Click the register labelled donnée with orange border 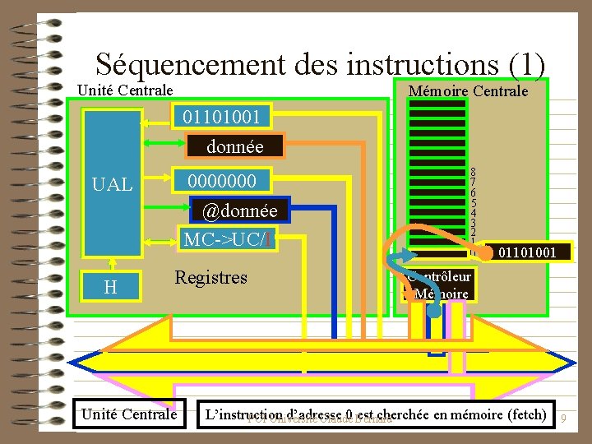click(x=234, y=147)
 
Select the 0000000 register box click(x=221, y=180)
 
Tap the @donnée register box click(x=239, y=211)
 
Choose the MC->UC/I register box click(x=228, y=240)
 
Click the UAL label click(x=113, y=185)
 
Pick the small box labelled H click(x=109, y=286)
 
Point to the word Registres click(x=210, y=277)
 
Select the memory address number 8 click(x=473, y=173)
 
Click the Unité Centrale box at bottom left click(x=128, y=414)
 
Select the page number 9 click(x=564, y=419)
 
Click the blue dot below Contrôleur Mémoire click(x=434, y=312)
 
